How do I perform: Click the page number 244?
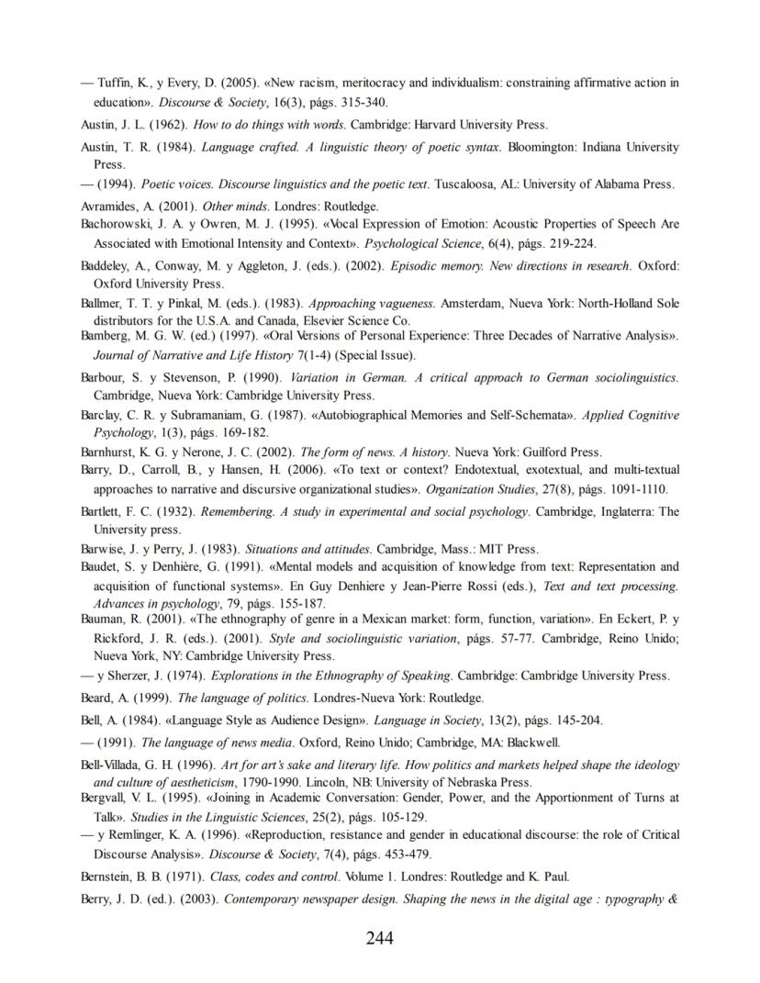[x=379, y=938]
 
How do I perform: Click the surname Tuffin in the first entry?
[x=116, y=84]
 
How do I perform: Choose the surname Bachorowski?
[x=117, y=224]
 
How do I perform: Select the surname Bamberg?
[x=106, y=337]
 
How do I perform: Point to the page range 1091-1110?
[x=638, y=489]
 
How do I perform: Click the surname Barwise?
[x=105, y=549]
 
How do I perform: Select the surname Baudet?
[x=101, y=567]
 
